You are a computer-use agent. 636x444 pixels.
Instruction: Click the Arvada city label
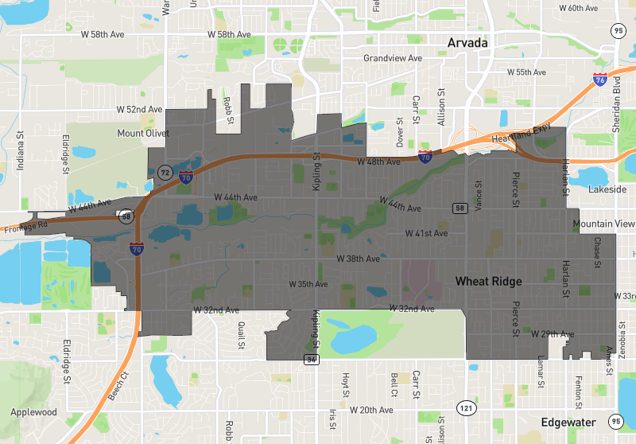point(467,42)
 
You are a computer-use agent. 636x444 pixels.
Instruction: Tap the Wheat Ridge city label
point(488,282)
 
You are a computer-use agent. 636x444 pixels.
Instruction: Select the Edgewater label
point(568,423)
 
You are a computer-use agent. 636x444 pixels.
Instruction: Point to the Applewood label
point(34,412)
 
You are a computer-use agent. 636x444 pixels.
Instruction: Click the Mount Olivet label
point(143,133)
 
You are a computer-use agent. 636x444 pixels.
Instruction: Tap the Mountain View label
point(603,224)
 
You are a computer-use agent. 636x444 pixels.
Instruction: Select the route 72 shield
point(165,172)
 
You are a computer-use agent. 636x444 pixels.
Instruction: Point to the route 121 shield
point(463,408)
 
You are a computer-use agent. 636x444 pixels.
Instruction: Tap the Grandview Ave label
point(393,59)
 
